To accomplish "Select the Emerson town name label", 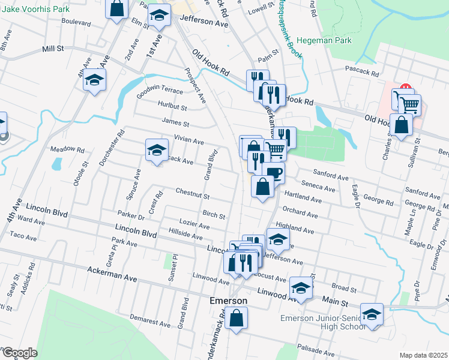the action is (x=228, y=300).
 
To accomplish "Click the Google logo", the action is (x=19, y=353).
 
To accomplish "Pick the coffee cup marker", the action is (x=274, y=173).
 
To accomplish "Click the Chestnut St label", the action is (x=192, y=195).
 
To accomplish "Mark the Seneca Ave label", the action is (x=320, y=186).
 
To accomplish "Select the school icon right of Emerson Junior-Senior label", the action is (x=372, y=315).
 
